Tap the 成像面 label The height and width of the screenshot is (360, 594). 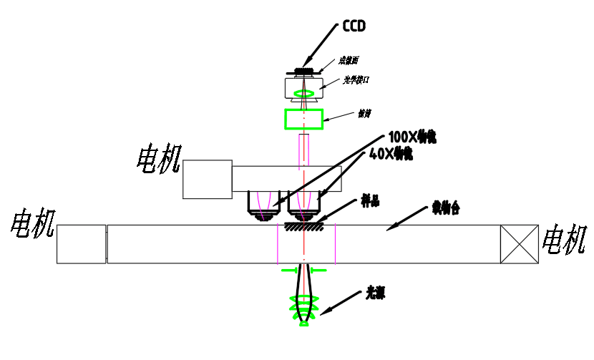click(349, 61)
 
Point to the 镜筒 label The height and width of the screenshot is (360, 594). click(364, 113)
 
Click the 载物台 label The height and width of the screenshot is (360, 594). click(445, 208)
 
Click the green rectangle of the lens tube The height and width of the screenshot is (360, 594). click(303, 118)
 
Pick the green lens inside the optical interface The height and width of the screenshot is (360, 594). click(303, 93)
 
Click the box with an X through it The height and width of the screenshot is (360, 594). click(519, 244)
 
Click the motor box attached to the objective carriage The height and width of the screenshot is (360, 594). click(208, 179)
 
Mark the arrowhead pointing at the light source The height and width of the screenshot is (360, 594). click(324, 311)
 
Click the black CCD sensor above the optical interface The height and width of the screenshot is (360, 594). click(303, 71)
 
